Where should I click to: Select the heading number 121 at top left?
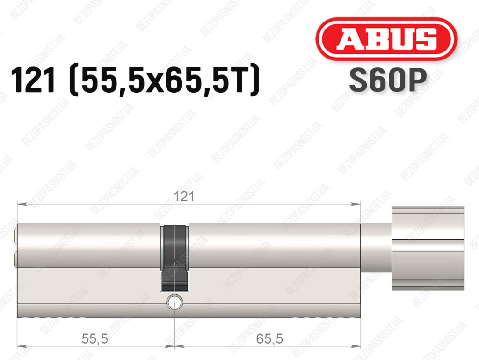[34, 80]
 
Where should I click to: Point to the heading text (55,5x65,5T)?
[165, 80]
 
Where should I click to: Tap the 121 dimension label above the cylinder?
[184, 197]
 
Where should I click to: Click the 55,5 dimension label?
[94, 338]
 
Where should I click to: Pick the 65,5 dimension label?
[269, 338]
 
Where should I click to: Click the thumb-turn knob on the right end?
[428, 248]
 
